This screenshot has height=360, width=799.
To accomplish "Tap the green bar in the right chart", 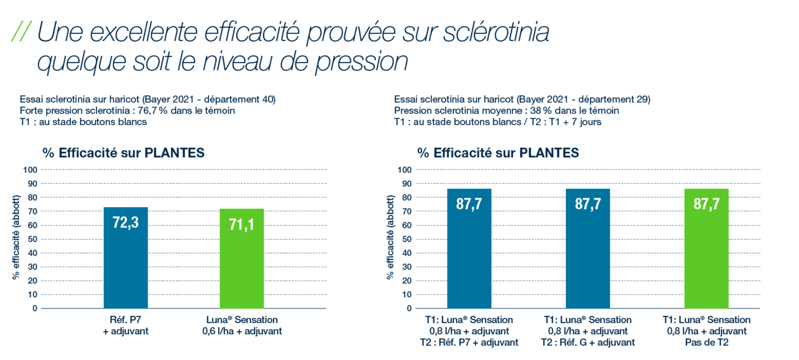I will (x=706, y=258).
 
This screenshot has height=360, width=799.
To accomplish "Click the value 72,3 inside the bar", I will (x=126, y=223).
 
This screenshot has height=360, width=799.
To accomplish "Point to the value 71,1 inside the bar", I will (x=242, y=225).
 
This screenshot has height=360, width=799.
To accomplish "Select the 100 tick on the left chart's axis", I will (x=30, y=170).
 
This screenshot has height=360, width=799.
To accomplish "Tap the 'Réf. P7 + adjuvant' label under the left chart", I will (x=125, y=326).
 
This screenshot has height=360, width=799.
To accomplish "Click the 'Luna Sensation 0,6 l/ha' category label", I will (x=242, y=326).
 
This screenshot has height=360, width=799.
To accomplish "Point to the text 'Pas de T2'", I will (x=706, y=342).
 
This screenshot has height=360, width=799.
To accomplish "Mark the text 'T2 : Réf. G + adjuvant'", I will (x=588, y=342).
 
